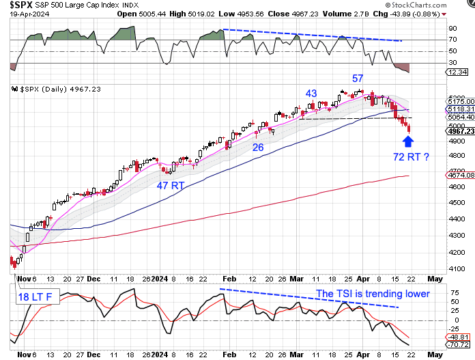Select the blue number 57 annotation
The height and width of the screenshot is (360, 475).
(358, 79)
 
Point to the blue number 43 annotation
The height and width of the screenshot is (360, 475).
(311, 94)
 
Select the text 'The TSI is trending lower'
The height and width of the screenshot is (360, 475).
(373, 294)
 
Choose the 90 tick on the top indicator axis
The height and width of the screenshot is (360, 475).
(452, 29)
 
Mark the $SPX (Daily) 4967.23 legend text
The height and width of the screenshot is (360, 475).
(45, 89)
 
